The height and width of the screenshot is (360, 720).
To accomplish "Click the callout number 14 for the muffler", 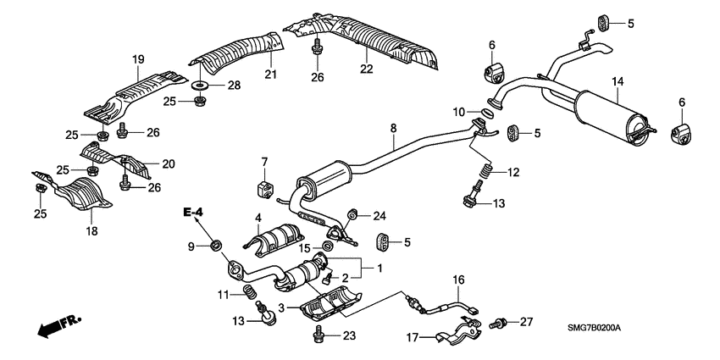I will (x=618, y=80).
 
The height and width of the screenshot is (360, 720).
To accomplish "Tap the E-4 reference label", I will (x=192, y=211).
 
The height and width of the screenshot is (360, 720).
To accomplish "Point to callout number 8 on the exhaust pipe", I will (x=392, y=128).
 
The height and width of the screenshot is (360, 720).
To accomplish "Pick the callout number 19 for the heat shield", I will (x=138, y=58).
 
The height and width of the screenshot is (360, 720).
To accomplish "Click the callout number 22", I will (x=366, y=68).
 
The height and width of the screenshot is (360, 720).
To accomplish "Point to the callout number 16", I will (x=457, y=280).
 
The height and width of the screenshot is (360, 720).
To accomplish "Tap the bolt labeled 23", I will (x=319, y=336).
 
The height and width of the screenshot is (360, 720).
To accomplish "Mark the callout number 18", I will (x=91, y=230).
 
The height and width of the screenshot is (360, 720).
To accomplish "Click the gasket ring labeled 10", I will (x=489, y=113).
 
